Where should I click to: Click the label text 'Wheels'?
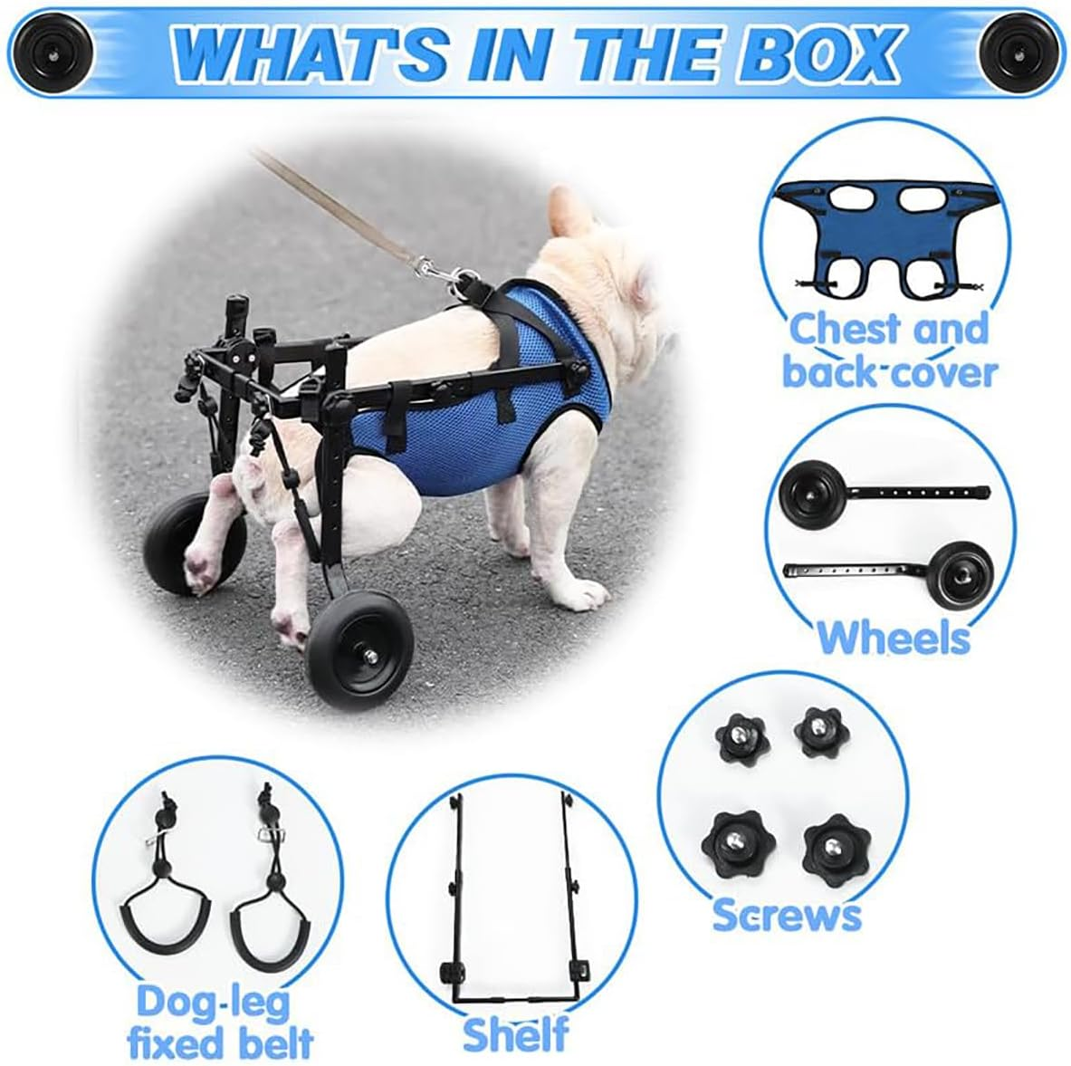click(894, 639)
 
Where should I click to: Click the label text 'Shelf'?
click(515, 1033)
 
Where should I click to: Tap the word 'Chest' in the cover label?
click(845, 330)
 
